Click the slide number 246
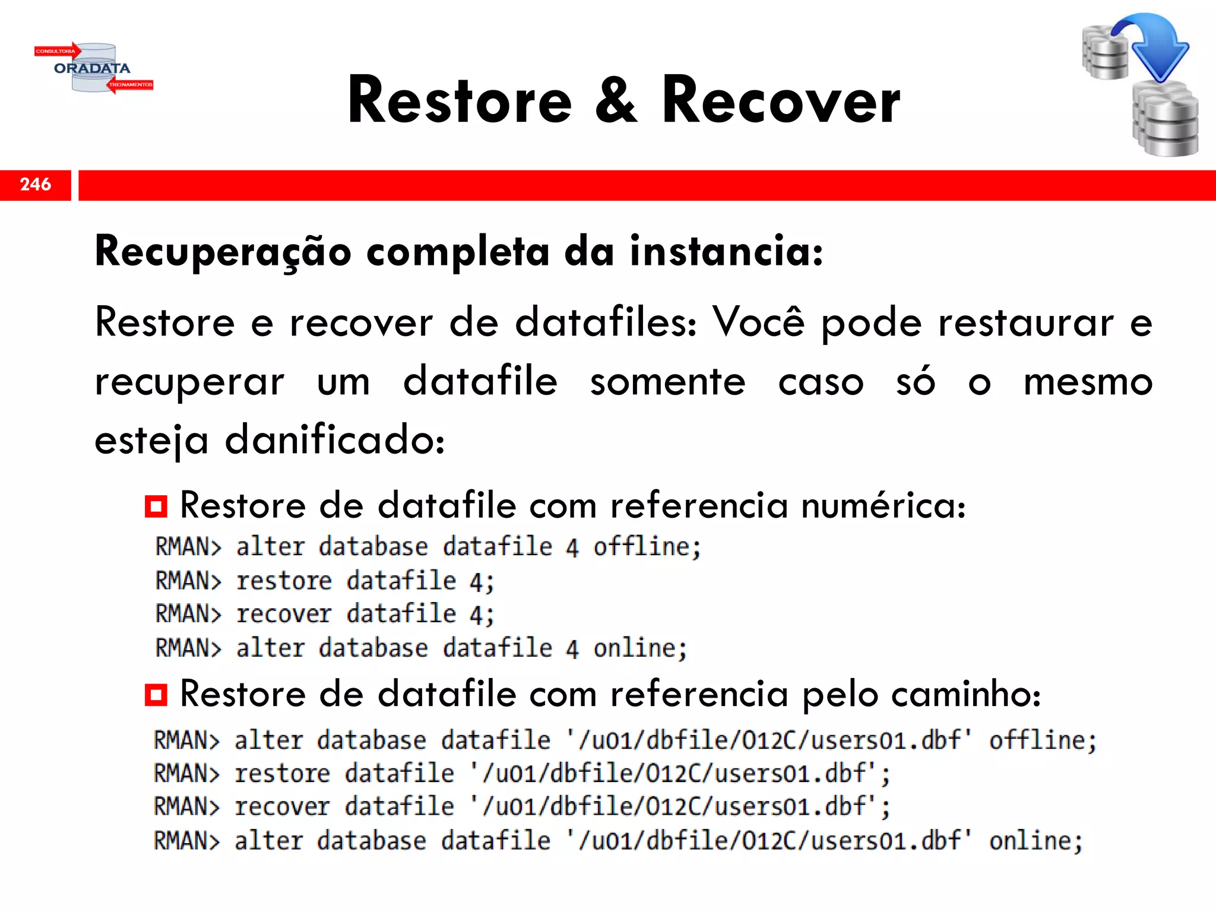[x=36, y=185]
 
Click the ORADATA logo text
[x=92, y=68]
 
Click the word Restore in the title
[x=460, y=101]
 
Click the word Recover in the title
[x=781, y=101]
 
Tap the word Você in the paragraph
[x=759, y=322]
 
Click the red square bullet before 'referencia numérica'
[x=156, y=506]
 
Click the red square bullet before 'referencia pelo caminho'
[x=156, y=694]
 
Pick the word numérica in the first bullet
[x=883, y=506]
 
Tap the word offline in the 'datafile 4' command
[x=647, y=547]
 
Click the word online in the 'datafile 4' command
[x=639, y=648]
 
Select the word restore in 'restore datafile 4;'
[x=284, y=581]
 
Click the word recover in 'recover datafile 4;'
[x=284, y=614]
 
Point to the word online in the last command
[x=1035, y=841]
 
